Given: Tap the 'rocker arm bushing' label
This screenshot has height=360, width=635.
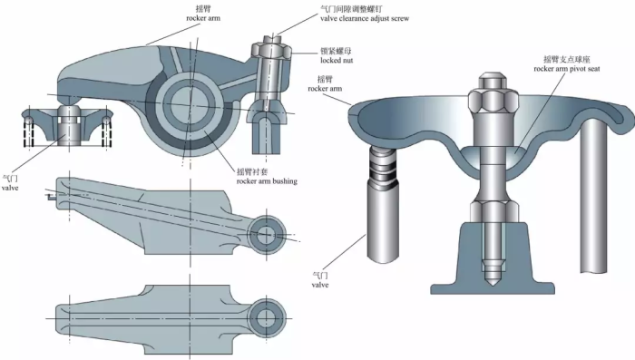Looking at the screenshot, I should coord(266,180).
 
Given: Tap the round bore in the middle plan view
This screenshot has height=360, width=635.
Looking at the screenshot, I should coord(265,233).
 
